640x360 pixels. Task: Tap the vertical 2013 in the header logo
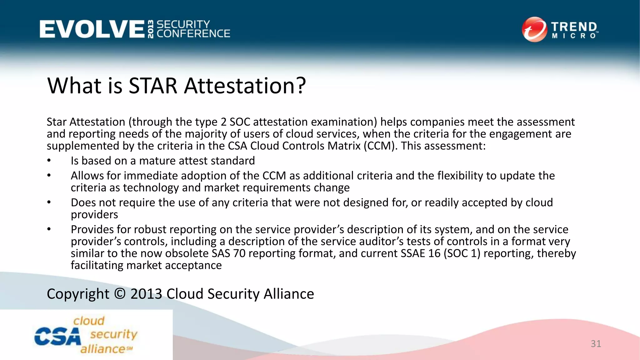(x=151, y=29)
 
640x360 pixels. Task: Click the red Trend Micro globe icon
(x=534, y=29)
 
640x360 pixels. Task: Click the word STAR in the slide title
(x=153, y=86)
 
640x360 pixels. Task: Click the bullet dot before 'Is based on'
(x=49, y=161)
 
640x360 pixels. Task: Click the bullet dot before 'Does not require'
(x=49, y=202)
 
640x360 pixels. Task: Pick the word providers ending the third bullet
(x=94, y=215)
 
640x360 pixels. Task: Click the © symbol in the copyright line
(x=120, y=294)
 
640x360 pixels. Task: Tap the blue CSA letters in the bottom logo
(x=57, y=337)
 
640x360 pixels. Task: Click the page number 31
(x=596, y=344)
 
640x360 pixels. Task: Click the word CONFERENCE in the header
(x=193, y=34)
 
